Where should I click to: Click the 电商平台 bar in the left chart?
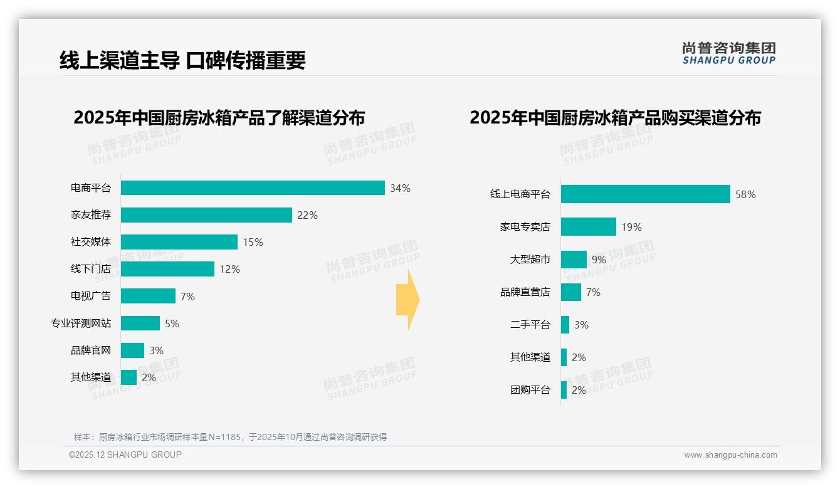253,188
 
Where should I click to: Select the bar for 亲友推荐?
206,215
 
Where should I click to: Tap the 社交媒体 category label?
91,242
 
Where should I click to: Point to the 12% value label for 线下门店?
229,270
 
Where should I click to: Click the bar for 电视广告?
148,296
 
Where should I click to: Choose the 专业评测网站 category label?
81,323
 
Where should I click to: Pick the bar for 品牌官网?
132,350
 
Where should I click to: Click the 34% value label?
400,188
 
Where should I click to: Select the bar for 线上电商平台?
645,194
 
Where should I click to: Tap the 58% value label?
745,194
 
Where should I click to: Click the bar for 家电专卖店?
588,227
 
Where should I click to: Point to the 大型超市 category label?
530,259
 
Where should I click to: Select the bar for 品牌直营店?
571,292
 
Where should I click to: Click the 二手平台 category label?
530,325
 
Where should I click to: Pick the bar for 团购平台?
564,390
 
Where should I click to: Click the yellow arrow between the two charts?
408,300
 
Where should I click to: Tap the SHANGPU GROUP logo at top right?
728,53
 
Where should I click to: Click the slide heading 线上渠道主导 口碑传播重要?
182,60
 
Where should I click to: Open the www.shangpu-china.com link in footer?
730,455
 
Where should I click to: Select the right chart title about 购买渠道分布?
615,118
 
